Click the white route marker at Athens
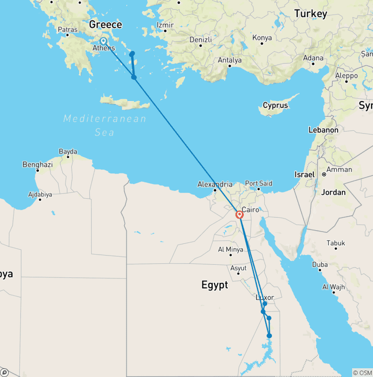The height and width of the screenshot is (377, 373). pos(103,41)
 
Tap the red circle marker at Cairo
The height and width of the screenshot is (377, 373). pos(239,215)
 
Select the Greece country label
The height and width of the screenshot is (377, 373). pos(105,25)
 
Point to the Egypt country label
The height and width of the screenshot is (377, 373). pos(215,285)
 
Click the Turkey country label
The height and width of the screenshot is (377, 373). pos(311,14)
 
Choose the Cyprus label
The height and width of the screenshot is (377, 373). pos(275,105)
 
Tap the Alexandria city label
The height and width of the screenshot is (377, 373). pos(215,184)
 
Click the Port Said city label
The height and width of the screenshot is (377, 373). pos(258,184)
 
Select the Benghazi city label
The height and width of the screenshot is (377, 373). pos(37,165)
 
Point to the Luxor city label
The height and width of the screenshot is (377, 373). pos(265,297)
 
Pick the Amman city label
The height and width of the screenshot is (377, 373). pos(339,170)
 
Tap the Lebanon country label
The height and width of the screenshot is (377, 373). pos(323,130)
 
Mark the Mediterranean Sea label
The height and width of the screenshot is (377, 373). pos(105,125)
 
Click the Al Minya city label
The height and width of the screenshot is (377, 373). pos(230,250)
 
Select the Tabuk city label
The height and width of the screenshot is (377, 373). pos(336,243)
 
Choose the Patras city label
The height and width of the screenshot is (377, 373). pos(68,30)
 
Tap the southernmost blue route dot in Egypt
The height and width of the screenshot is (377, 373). pos(270,336)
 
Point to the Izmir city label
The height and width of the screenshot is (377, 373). pos(165,25)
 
